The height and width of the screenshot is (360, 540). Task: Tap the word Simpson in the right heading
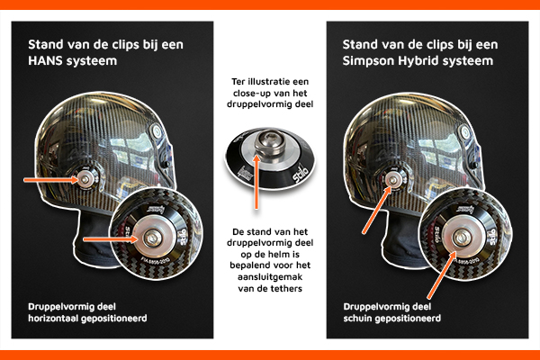368,60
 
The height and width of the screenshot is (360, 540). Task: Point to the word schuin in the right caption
357,318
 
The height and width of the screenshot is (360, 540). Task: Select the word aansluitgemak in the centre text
270,277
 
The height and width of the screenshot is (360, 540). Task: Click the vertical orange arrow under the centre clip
256,182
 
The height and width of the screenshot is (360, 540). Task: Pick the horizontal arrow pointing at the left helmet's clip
51,179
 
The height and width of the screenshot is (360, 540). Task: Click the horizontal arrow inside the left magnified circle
111,239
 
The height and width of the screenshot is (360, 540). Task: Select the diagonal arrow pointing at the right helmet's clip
377,210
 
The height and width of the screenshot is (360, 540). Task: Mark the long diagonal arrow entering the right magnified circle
442,274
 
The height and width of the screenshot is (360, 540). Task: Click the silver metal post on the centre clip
270,143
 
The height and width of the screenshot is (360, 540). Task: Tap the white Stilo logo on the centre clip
299,175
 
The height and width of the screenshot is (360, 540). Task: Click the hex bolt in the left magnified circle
152,238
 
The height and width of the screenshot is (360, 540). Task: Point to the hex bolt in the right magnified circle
461,237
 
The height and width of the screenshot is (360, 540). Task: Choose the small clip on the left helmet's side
85,179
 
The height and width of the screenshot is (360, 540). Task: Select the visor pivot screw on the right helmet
465,131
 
